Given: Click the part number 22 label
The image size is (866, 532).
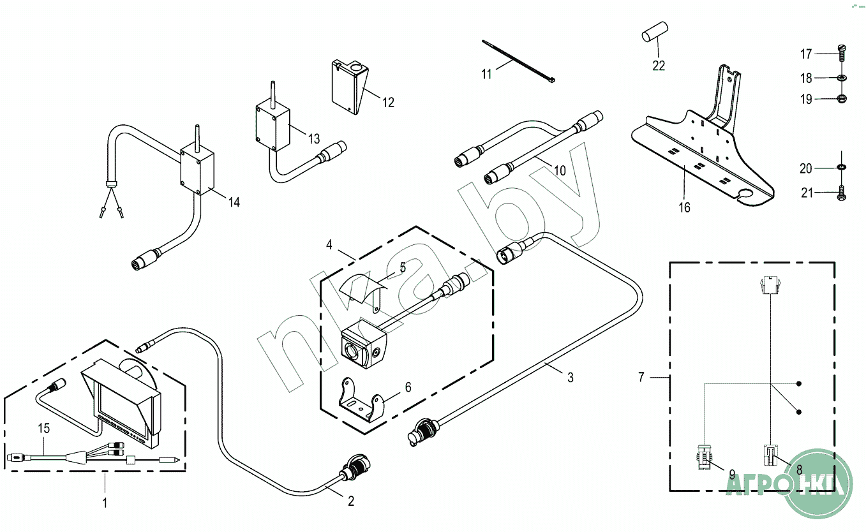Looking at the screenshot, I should pyautogui.click(x=659, y=65).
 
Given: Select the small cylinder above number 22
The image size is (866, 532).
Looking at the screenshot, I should pyautogui.click(x=653, y=32).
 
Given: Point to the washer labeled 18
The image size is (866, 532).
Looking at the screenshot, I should pyautogui.click(x=840, y=78).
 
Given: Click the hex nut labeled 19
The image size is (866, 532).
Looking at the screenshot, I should pyautogui.click(x=840, y=99).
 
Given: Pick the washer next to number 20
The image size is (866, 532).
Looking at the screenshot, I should pyautogui.click(x=840, y=168).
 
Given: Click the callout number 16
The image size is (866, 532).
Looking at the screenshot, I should pyautogui.click(x=684, y=207).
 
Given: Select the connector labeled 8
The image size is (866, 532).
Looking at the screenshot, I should pyautogui.click(x=770, y=456).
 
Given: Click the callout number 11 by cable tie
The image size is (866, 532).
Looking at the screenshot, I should pyautogui.click(x=486, y=74).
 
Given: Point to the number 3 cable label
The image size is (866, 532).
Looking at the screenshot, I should pyautogui.click(x=571, y=378).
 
